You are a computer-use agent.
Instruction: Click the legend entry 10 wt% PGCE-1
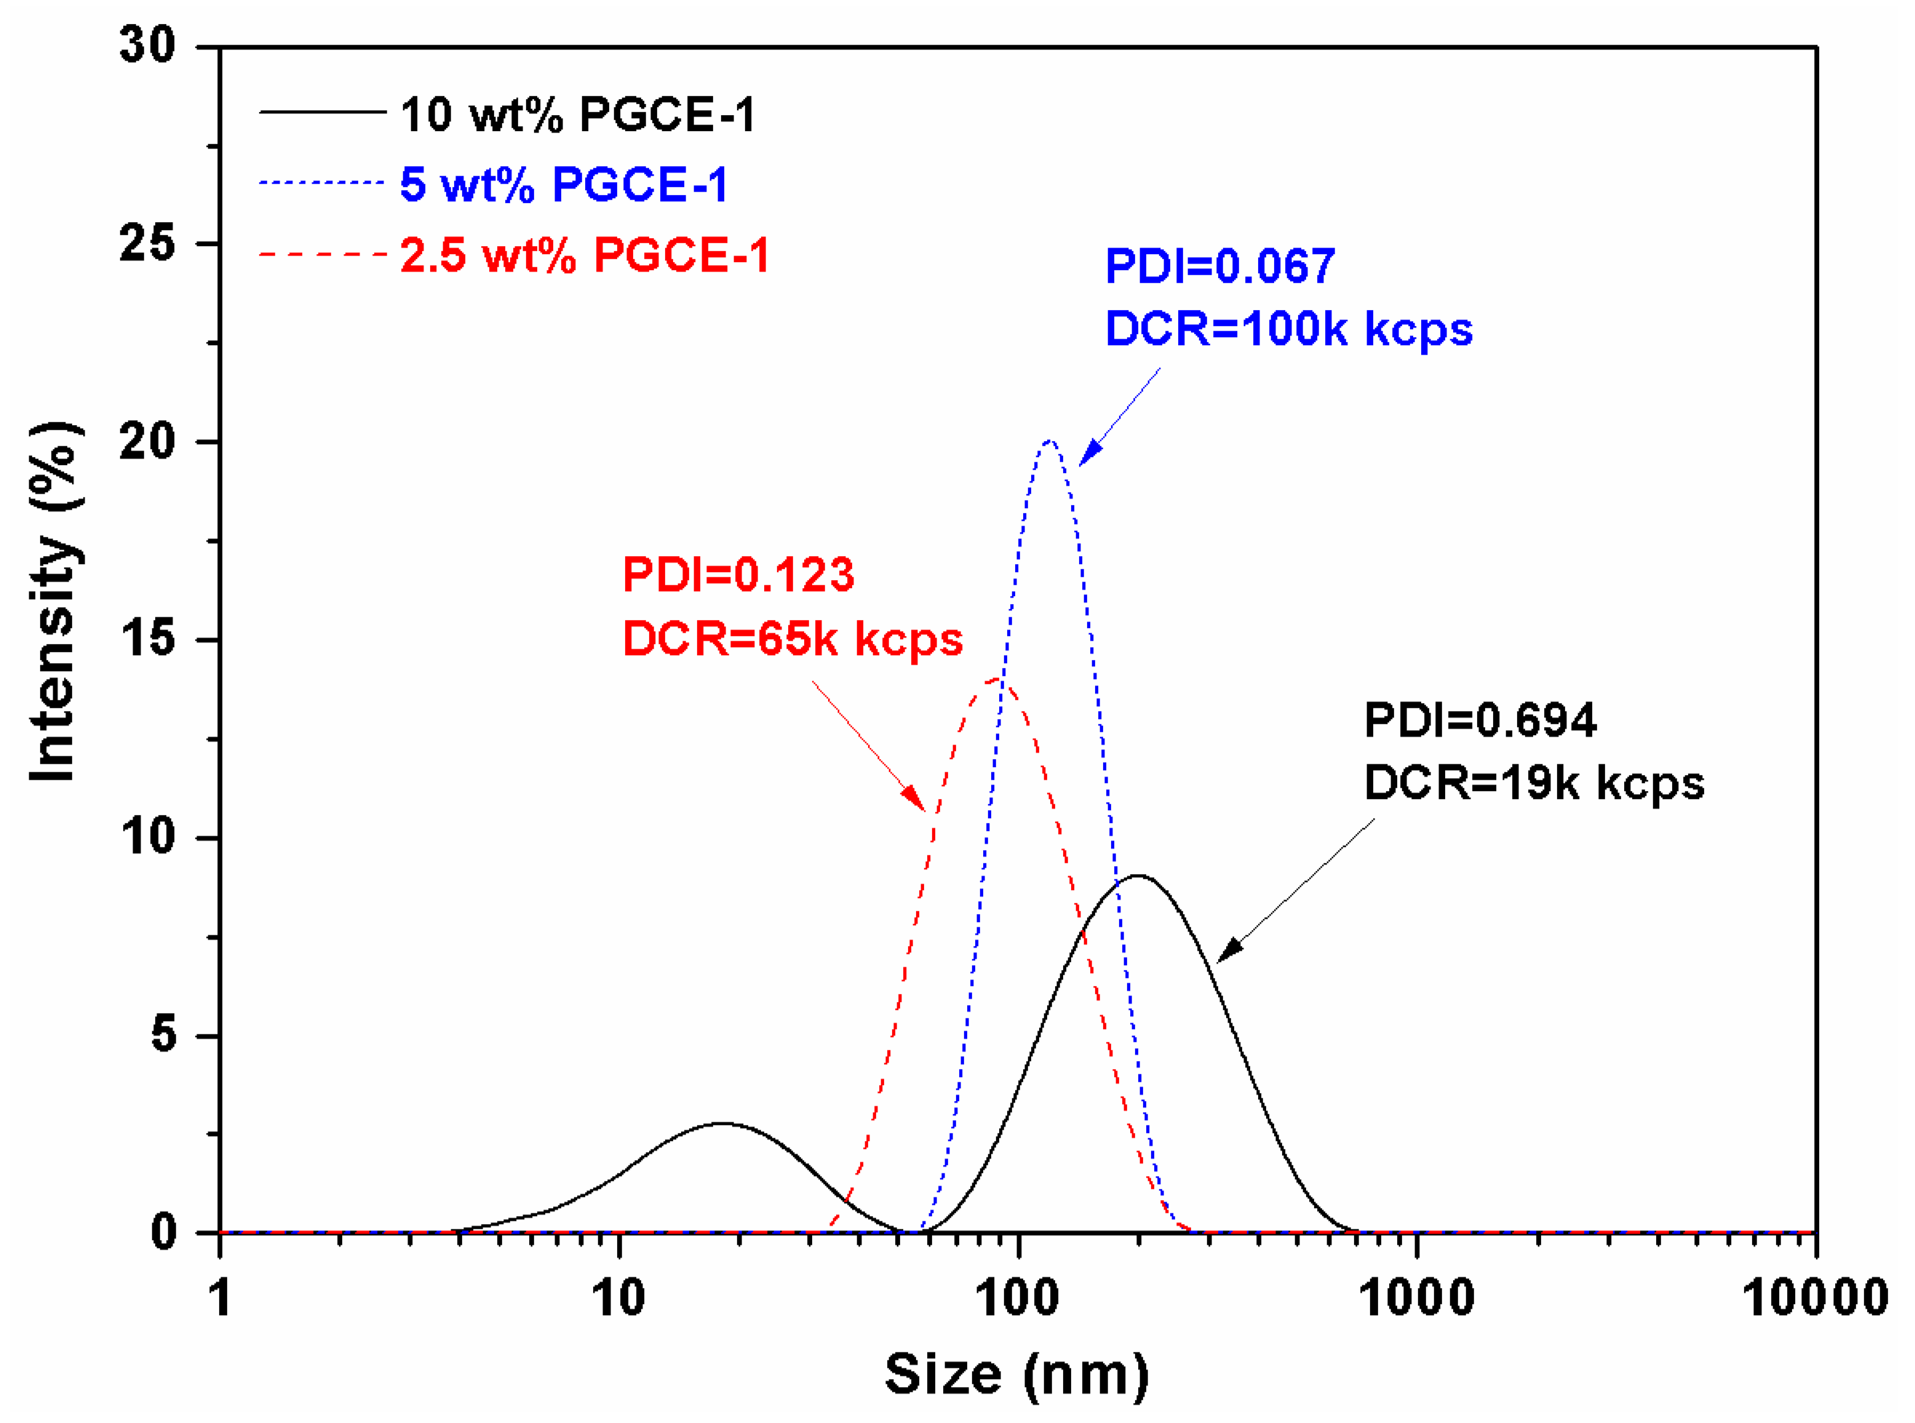click(577, 114)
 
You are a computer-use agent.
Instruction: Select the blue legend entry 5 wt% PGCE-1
click(564, 185)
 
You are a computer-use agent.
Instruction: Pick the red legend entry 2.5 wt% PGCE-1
click(584, 256)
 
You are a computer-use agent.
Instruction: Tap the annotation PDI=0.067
click(1219, 265)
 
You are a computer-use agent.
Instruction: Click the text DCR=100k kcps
click(1288, 329)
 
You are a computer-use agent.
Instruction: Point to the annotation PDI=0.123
click(739, 574)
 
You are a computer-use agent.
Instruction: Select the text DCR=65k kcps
click(792, 639)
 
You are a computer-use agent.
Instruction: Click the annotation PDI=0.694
click(1480, 719)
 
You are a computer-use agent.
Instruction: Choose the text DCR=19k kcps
click(1534, 783)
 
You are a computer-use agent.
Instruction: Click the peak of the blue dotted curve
click(1049, 441)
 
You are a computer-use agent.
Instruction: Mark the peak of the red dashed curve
click(997, 679)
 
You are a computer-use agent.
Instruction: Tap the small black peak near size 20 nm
click(722, 1123)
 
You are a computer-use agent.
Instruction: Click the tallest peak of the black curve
click(1137, 876)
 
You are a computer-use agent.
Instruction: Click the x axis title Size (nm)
click(1017, 1375)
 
